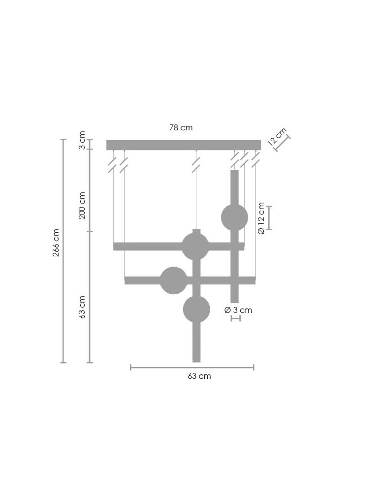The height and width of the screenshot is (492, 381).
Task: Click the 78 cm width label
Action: click(x=181, y=128)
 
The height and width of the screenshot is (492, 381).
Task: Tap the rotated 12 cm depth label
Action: click(x=277, y=136)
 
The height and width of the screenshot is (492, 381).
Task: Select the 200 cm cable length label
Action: click(x=82, y=205)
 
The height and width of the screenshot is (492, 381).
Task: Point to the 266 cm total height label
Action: click(x=56, y=243)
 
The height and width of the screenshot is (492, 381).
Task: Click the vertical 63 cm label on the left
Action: click(x=82, y=307)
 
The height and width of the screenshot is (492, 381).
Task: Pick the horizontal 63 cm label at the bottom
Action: click(x=199, y=376)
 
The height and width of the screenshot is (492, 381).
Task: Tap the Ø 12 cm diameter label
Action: click(x=261, y=218)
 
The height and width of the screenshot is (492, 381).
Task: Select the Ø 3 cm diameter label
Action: click(x=238, y=310)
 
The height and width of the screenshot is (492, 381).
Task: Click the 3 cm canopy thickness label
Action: click(x=82, y=140)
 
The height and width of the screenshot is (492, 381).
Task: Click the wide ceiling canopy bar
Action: click(x=183, y=145)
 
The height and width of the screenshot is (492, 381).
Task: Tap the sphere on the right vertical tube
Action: click(x=234, y=217)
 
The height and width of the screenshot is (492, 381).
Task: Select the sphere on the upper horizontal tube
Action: click(x=195, y=246)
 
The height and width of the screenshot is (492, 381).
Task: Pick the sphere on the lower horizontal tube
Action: click(x=174, y=280)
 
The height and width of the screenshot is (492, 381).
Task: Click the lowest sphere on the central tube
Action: click(x=196, y=309)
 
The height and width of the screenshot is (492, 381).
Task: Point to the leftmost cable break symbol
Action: click(x=113, y=164)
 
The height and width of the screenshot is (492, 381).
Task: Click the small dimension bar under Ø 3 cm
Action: click(x=235, y=319)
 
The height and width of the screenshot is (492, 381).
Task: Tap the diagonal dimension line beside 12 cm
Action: click(x=282, y=143)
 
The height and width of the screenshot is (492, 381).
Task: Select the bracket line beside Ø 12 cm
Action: click(x=270, y=218)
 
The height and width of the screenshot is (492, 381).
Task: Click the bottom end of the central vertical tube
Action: click(x=196, y=359)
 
